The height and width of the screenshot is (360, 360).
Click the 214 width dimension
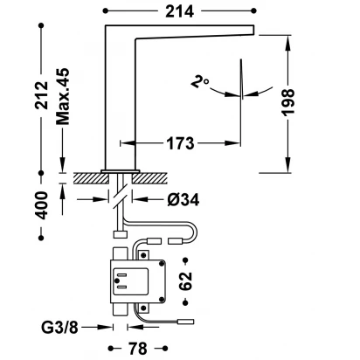pyautogui.click(x=179, y=11)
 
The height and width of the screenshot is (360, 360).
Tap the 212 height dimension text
pyautogui.click(x=41, y=95)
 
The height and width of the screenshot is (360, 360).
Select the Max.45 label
pyautogui.click(x=63, y=96)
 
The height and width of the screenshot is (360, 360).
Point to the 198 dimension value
pyautogui.click(x=288, y=103)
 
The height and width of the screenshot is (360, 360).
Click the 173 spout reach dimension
pyautogui.click(x=180, y=143)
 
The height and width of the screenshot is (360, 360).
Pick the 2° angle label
pyautogui.click(x=200, y=82)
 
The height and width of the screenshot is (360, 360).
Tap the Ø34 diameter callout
pyautogui.click(x=183, y=200)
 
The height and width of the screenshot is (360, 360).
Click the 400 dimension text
pyautogui.click(x=41, y=205)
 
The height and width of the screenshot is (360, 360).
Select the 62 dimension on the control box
pyautogui.click(x=185, y=281)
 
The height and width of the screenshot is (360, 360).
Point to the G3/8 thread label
pyautogui.click(x=59, y=328)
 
